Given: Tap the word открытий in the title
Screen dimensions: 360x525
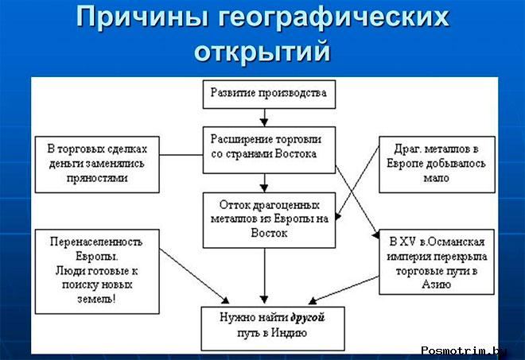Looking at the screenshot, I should pos(262,52).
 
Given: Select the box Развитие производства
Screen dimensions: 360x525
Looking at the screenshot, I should pos(267,93).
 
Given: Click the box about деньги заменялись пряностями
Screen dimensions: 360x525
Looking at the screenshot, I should pos(98,163).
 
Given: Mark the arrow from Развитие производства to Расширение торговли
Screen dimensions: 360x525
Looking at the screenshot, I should pos(264,116).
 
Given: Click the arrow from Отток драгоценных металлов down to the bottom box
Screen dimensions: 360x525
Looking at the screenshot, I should pos(264,274).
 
